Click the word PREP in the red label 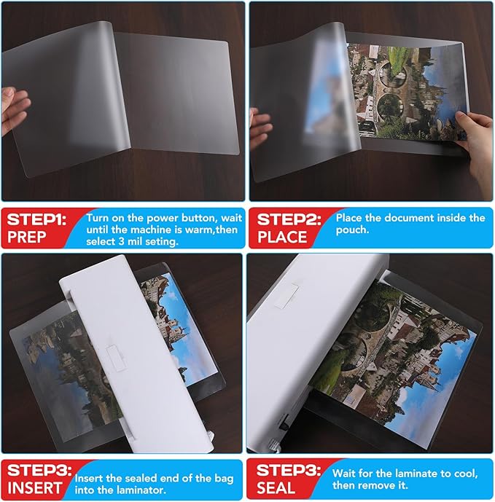pyautogui.click(x=28, y=238)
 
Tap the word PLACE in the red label pyautogui.click(x=282, y=238)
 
